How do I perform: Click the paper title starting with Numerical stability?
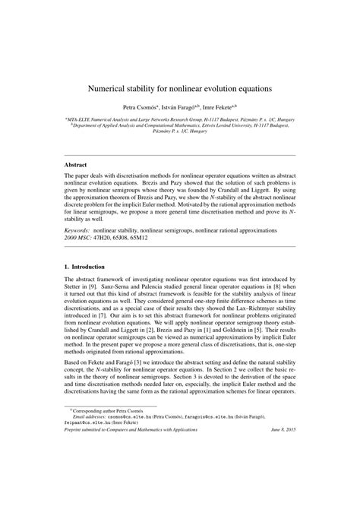[180, 88]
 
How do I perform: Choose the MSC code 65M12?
[159, 236]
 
